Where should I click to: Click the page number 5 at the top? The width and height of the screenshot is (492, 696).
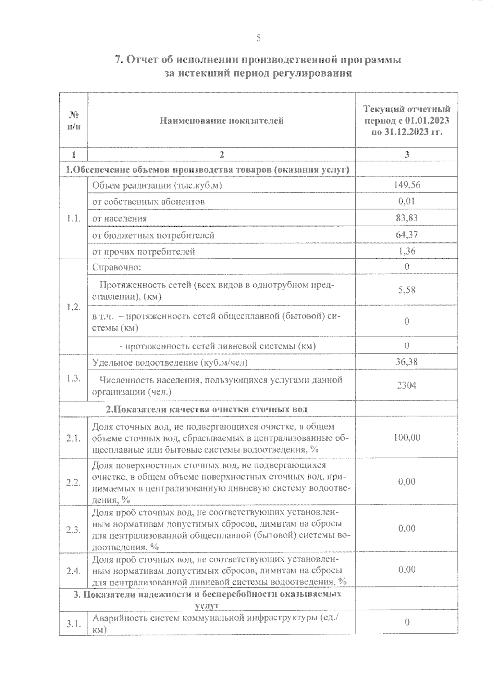click(258, 39)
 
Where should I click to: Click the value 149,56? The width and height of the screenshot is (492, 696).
click(407, 185)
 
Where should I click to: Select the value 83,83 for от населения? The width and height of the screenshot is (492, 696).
click(407, 218)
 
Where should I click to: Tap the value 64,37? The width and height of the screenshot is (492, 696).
click(407, 235)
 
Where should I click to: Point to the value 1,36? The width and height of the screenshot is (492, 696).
click(407, 251)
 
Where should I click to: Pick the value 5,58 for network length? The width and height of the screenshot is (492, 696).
click(407, 290)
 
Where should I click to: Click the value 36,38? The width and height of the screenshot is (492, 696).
click(407, 362)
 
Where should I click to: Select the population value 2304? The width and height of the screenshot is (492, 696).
click(407, 385)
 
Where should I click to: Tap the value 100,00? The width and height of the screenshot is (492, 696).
click(407, 437)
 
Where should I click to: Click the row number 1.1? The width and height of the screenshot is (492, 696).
click(73, 218)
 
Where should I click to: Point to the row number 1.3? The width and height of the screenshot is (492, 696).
click(73, 378)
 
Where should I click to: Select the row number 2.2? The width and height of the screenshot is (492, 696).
click(73, 482)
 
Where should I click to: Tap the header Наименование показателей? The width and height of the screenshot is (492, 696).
click(221, 121)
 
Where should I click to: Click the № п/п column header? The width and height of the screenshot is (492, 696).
click(73, 120)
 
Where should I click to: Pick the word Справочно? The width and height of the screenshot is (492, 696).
click(116, 267)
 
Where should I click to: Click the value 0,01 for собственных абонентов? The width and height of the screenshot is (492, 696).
click(407, 201)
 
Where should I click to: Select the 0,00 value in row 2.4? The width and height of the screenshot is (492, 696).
click(407, 569)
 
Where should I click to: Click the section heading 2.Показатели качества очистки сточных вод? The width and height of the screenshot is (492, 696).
click(207, 409)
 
